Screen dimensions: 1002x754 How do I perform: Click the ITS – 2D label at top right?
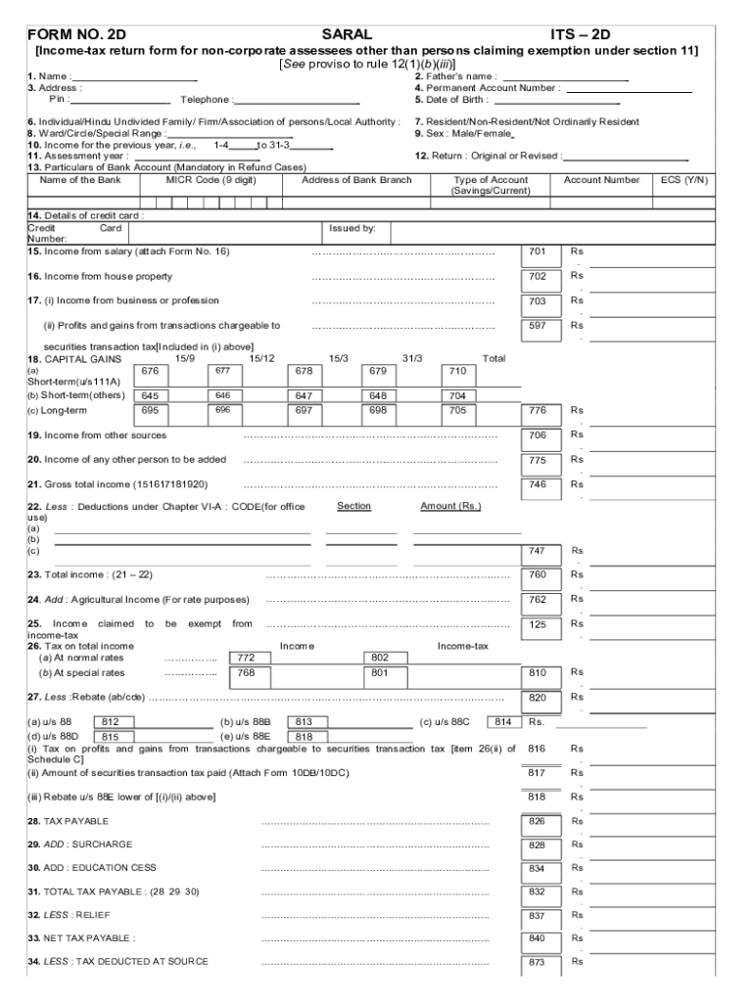tap(583, 35)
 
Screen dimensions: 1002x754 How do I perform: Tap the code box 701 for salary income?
tap(538, 252)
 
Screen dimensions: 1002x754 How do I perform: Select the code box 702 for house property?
tap(538, 277)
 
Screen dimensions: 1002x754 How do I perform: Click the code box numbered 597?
tap(538, 326)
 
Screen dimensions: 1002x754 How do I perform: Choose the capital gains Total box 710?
tap(457, 372)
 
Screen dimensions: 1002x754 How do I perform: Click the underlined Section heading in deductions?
tap(353, 506)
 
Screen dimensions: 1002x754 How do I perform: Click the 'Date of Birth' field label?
tap(451, 100)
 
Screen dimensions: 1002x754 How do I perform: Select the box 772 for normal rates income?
tap(246, 659)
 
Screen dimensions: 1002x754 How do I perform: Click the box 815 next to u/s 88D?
tap(111, 738)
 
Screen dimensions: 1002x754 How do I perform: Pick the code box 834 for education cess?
tap(538, 869)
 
